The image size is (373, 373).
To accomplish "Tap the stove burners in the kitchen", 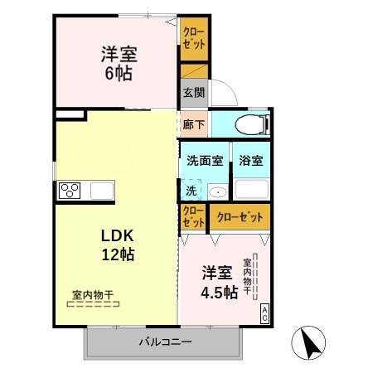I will coord(68,191).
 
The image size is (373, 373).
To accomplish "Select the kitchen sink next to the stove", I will coord(101,191).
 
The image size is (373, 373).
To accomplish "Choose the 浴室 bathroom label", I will coord(251,161).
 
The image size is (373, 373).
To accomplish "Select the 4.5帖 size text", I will coord(220,292).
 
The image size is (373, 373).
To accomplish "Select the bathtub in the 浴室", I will coord(251,188).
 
